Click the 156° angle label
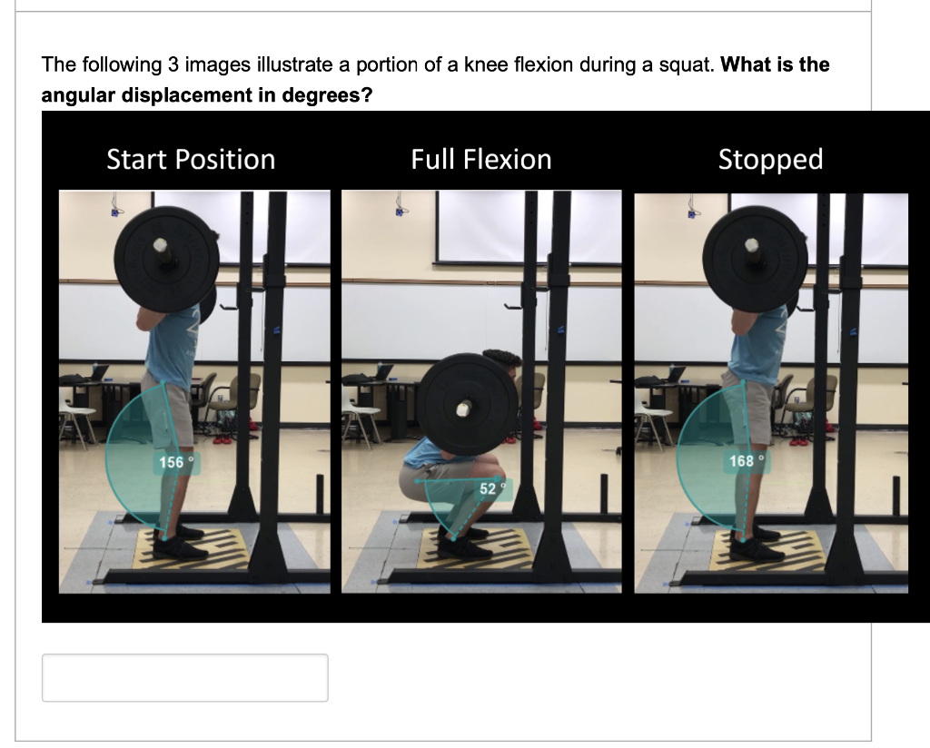[176, 462]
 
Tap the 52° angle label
[493, 489]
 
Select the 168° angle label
[747, 461]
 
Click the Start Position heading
[191, 160]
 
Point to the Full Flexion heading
[481, 160]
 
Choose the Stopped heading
[770, 160]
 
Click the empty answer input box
[185, 678]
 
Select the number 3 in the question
[173, 64]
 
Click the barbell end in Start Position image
[160, 246]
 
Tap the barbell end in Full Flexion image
[464, 408]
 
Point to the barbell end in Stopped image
[751, 246]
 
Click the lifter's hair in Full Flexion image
[503, 358]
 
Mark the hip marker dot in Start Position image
[164, 382]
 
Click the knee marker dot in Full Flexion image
[498, 478]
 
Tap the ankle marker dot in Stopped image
[743, 539]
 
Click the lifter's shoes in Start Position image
[179, 542]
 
